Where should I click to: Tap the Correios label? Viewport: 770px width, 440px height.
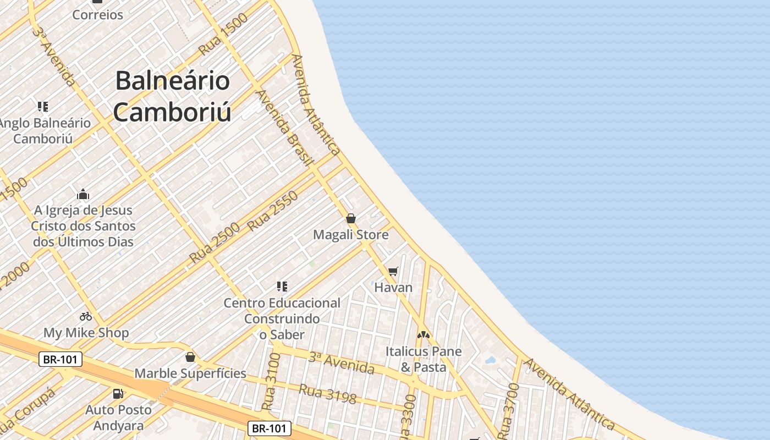coord(98,15)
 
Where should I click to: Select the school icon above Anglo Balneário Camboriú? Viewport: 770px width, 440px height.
coord(43,107)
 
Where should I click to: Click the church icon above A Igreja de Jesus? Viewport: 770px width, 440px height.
coord(83,194)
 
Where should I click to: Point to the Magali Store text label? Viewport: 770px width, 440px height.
coord(351,235)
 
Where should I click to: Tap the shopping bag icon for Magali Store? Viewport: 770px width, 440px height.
coord(351,218)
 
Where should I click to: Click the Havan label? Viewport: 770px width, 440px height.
coord(393,287)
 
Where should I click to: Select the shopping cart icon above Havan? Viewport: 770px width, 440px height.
coord(393,271)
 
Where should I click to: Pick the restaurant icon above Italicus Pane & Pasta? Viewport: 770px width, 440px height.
coord(423,334)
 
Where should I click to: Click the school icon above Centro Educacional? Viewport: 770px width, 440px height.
coord(282,286)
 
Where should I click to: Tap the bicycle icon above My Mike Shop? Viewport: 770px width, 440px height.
coord(86,316)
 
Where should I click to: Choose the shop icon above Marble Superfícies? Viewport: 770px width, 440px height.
coord(190,358)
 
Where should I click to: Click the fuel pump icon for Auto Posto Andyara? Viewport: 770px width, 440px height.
coord(118,393)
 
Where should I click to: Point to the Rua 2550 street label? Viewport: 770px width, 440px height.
coord(273,211)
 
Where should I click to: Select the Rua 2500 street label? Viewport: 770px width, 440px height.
coord(215,243)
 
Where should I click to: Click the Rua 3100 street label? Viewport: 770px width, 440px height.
coord(272,381)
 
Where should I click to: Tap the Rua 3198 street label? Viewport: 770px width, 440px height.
coord(328,394)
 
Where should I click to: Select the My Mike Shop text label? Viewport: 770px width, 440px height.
coord(86,333)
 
